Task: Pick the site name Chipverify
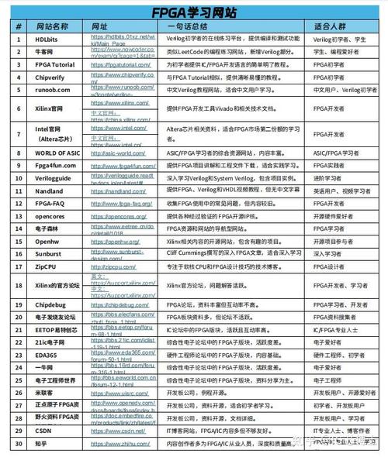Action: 51,77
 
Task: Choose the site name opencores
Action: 51,216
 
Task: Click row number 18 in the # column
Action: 17,285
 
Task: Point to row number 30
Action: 17,443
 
